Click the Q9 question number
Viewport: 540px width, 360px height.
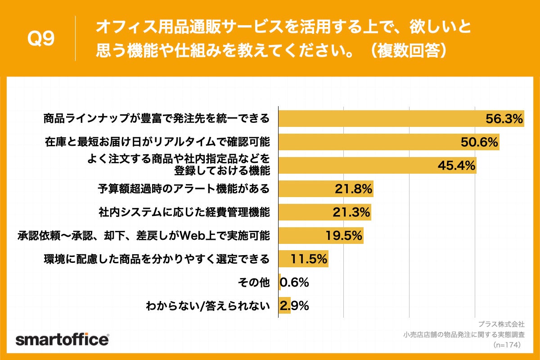click(41, 39)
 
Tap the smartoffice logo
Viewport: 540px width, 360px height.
click(62, 339)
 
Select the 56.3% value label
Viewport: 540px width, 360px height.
click(504, 119)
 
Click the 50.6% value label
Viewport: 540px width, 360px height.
click(480, 142)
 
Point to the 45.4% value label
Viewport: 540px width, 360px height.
click(457, 166)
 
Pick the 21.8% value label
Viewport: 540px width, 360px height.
click(353, 189)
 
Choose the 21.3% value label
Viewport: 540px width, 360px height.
click(351, 212)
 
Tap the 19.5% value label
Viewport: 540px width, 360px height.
click(344, 236)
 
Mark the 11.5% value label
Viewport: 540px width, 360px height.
click(309, 259)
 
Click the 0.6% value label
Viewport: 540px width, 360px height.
click(294, 283)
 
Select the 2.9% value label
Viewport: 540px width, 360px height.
click(294, 306)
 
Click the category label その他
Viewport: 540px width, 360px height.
click(253, 283)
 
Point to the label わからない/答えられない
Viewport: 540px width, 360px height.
click(207, 306)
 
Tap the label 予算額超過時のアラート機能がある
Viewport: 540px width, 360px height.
click(184, 189)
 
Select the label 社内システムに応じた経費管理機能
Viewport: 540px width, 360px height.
click(184, 212)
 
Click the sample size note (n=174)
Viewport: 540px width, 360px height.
click(507, 345)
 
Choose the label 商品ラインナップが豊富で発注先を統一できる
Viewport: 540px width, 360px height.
click(156, 119)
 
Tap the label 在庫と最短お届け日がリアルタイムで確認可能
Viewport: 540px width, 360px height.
click(157, 142)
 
